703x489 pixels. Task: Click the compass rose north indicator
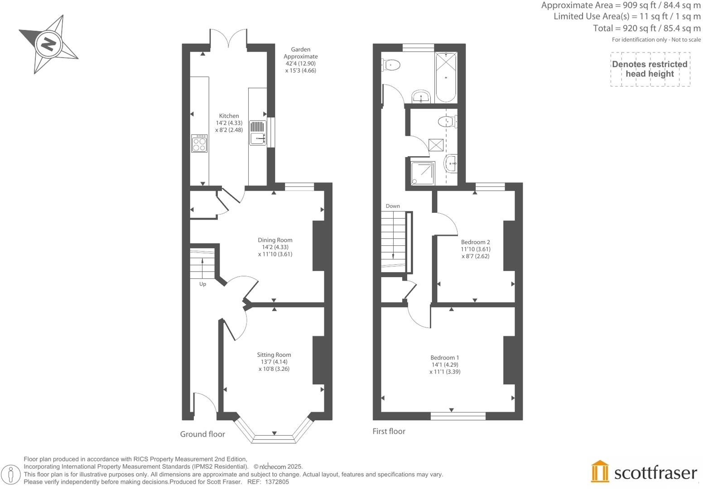point(48,44)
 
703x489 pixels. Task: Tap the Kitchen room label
point(229,123)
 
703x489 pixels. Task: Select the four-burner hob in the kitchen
point(199,144)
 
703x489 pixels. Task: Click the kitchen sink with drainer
point(257,132)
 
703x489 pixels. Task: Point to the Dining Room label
point(275,247)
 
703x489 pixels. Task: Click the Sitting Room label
point(274,361)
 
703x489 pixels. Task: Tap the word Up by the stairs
point(202,284)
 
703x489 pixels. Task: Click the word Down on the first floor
point(393,206)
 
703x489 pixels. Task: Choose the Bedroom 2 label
point(475,249)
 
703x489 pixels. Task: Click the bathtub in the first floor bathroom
point(446,78)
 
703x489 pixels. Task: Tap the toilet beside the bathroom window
point(391,65)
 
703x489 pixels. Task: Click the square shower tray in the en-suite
point(422,173)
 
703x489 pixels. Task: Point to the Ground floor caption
point(202,434)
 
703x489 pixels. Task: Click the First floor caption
point(389,431)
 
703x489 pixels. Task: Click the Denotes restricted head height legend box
point(650,69)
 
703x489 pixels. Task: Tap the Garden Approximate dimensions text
point(300,60)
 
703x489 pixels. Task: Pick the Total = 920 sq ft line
point(646,28)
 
